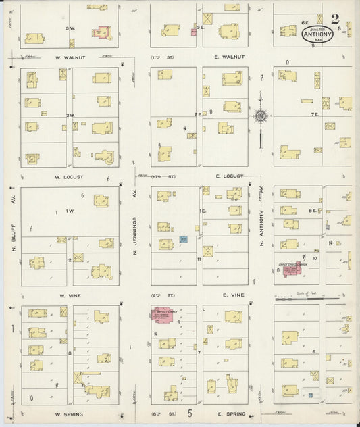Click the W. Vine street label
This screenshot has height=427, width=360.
(x=70, y=295)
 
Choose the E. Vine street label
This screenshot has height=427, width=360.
(x=227, y=295)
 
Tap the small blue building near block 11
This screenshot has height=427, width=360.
(x=183, y=239)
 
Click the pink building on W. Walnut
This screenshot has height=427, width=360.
(x=101, y=31)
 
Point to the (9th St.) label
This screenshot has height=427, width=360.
(x=161, y=295)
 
